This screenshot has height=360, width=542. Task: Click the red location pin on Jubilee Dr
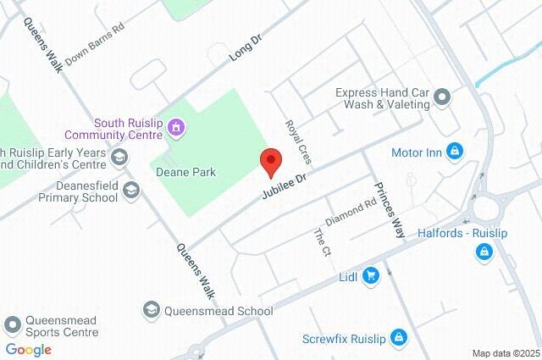click(270, 159)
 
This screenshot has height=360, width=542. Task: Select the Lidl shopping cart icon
click(370, 276)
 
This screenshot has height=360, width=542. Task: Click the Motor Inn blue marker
click(455, 152)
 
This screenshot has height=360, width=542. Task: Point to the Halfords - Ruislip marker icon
click(484, 251)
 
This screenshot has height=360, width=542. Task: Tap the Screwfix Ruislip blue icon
click(400, 339)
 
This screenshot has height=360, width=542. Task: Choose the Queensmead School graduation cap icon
click(152, 310)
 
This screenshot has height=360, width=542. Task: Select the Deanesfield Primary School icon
click(130, 190)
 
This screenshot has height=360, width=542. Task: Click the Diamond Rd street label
click(350, 213)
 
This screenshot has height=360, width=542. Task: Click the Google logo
click(28, 349)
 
